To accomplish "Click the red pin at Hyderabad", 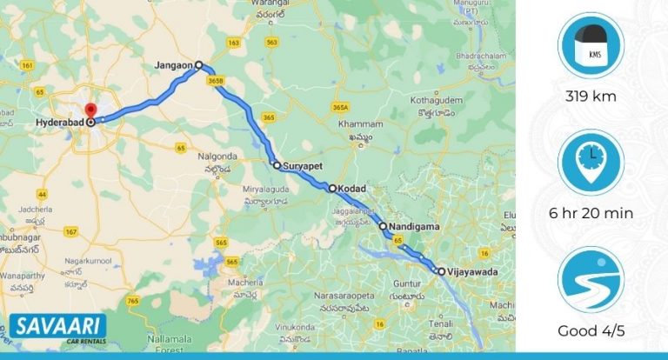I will tap(92, 111).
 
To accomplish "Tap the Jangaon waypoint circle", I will tap(198, 64).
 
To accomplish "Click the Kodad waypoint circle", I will tap(331, 187).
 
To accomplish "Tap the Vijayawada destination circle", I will tap(441, 271).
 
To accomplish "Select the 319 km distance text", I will tap(591, 97).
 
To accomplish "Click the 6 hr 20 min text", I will tap(591, 213).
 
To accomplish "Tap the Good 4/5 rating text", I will tap(591, 331).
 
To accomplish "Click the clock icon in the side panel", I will tap(591, 163).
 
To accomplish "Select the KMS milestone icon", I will tap(591, 46).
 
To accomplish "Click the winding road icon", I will tap(591, 281).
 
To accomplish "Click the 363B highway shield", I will tap(217, 81).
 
